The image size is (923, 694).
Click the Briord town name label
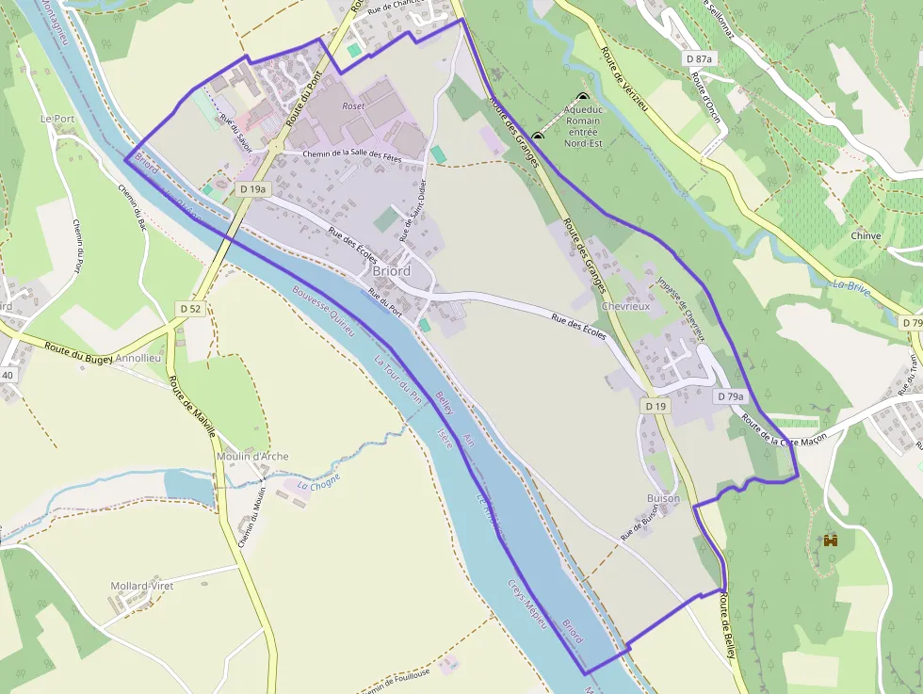[391, 271]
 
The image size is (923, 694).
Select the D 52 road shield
[191, 308]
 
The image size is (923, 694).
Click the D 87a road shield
[700, 58]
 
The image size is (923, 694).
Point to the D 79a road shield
[730, 397]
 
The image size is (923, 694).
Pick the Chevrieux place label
[625, 307]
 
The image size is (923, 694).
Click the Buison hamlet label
[663, 498]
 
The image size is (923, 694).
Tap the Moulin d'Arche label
[251, 457]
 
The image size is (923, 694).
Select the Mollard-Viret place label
[142, 586]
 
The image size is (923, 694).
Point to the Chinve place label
[865, 235]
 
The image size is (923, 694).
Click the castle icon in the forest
[831, 541]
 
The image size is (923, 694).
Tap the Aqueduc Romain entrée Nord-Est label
[582, 127]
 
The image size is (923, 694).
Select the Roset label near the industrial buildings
[353, 106]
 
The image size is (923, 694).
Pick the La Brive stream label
[851, 285]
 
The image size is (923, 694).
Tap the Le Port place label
[57, 120]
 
